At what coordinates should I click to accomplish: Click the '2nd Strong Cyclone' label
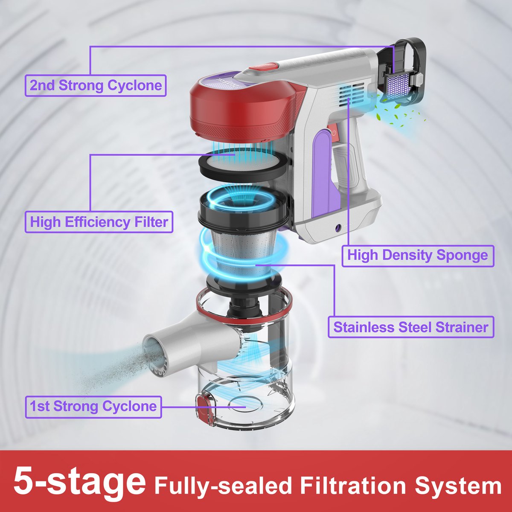pyautogui.click(x=96, y=85)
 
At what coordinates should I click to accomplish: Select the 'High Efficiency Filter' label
pyautogui.click(x=99, y=222)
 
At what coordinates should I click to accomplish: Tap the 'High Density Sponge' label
pyautogui.click(x=418, y=256)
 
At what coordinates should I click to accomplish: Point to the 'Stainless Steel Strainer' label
pyautogui.click(x=411, y=326)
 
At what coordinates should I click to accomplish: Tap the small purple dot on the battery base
pyautogui.click(x=338, y=227)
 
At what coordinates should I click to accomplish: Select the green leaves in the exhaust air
pyautogui.click(x=399, y=114)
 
